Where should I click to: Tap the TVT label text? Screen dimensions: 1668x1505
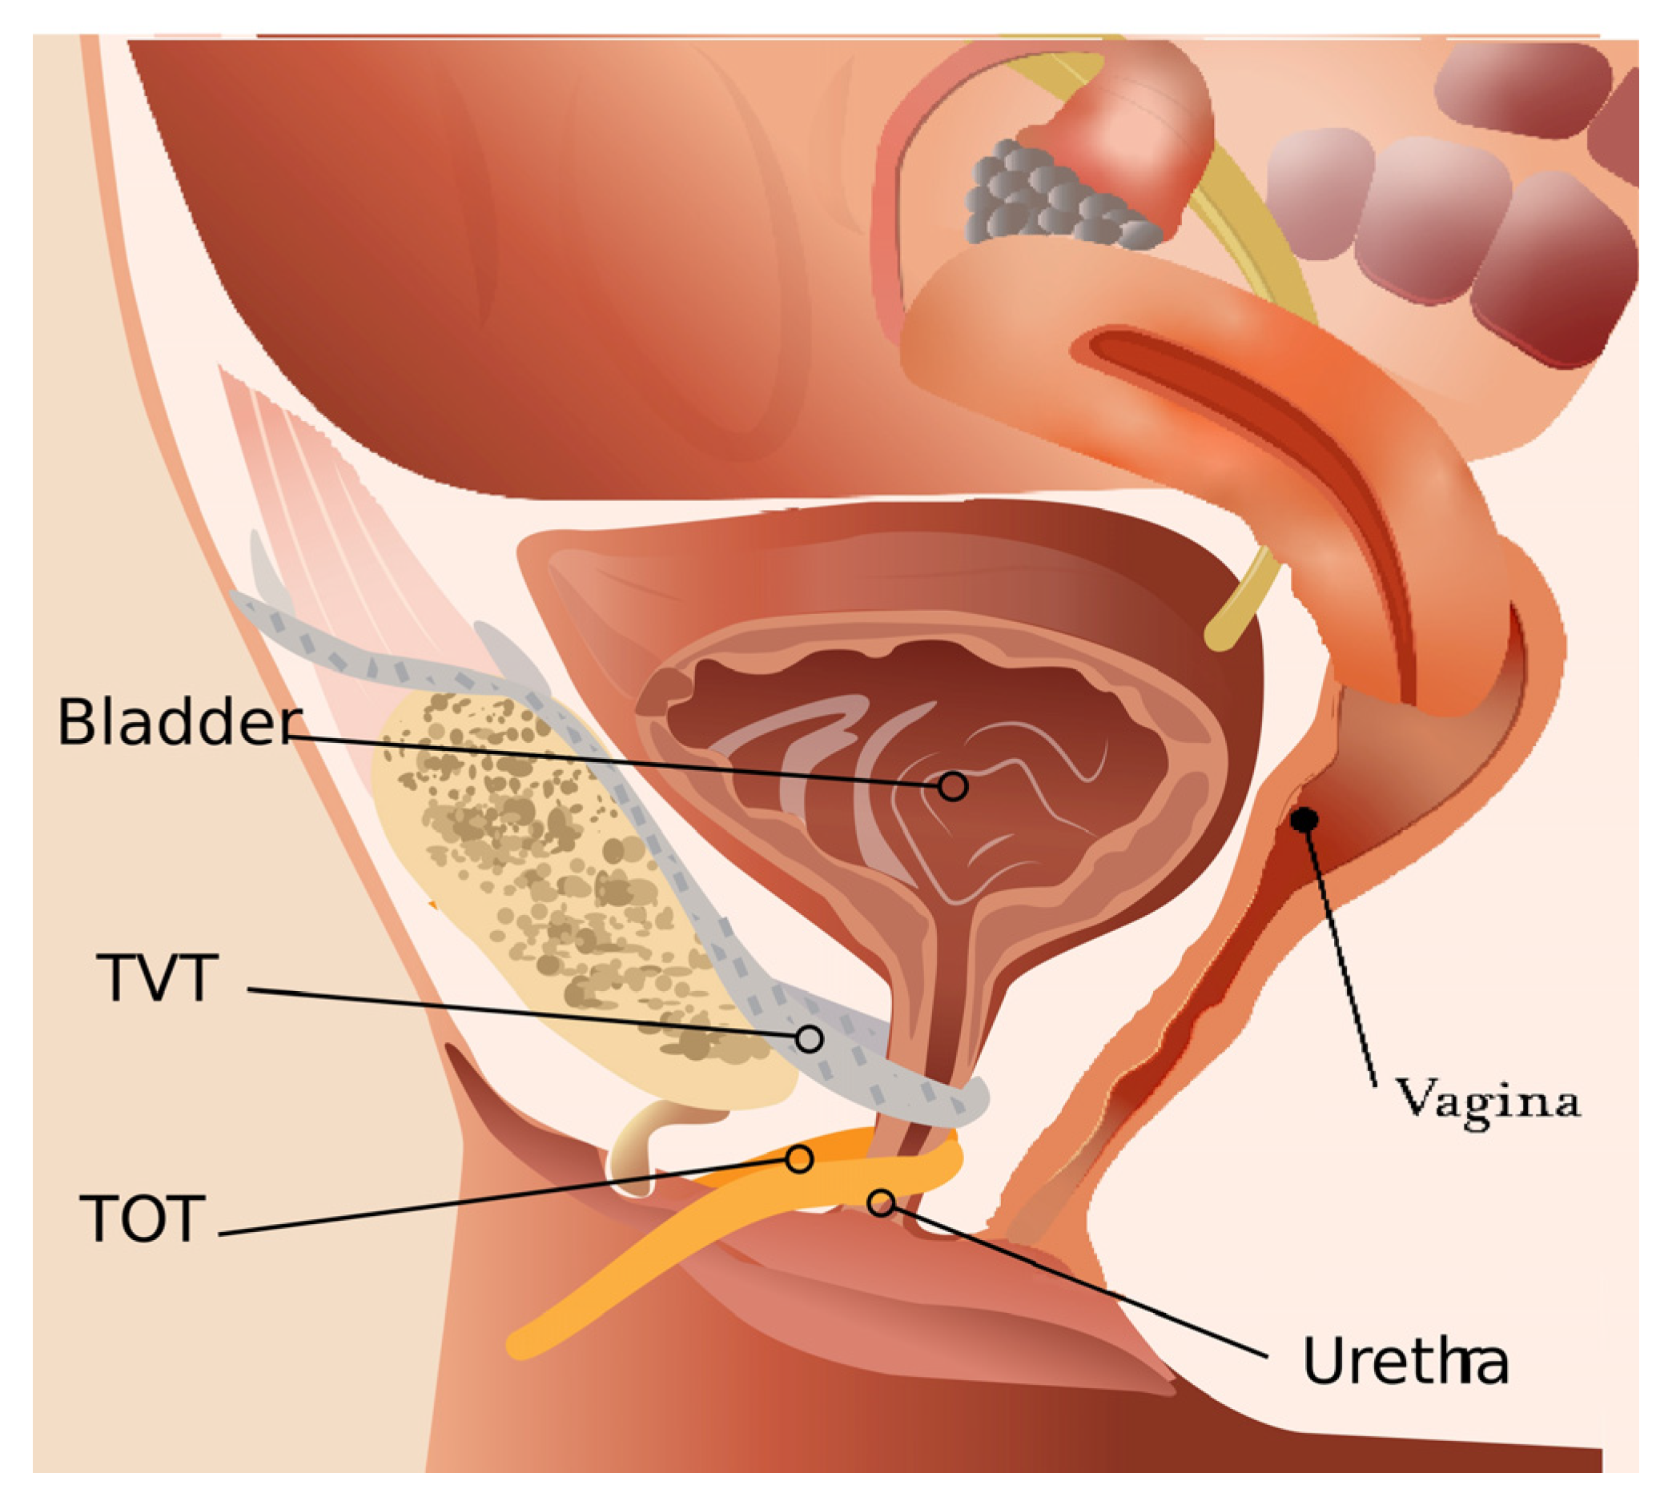158,978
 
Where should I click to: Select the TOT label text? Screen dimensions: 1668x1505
143,1218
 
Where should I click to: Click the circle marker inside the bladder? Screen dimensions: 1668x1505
953,785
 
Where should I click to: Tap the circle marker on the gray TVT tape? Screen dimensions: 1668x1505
809,1037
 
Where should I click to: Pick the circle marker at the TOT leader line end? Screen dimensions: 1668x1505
799,1159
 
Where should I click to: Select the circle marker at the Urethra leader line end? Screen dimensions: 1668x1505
882,1202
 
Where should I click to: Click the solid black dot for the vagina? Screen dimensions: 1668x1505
1305,819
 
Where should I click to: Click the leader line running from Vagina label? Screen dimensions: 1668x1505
1340,951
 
